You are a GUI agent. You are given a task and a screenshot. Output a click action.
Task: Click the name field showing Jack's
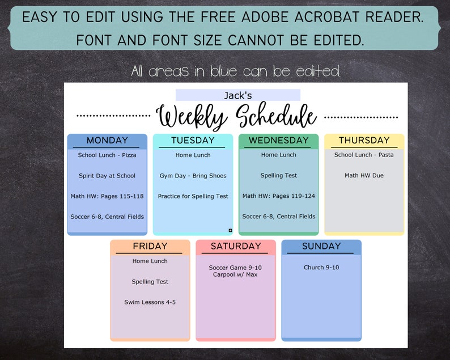[x=237, y=95]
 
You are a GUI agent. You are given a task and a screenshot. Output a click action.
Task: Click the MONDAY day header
[x=107, y=141]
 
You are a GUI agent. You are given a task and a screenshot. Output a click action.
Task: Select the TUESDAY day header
[x=193, y=141]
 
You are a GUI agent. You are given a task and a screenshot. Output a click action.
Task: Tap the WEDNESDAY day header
[x=278, y=141]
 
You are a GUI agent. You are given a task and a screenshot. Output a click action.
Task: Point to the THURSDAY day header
[x=364, y=141]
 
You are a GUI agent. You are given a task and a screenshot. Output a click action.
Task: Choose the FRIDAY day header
[x=150, y=247]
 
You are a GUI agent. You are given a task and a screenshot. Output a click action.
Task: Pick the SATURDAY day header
[x=236, y=247]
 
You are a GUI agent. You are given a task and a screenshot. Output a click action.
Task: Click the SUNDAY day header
[x=321, y=247]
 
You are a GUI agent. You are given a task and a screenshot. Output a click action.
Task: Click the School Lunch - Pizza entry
[x=107, y=155]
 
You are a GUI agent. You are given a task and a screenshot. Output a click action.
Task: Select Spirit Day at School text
[x=107, y=176]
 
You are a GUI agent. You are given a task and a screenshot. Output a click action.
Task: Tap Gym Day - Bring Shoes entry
[x=193, y=176]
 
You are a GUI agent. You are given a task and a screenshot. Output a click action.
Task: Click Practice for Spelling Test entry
[x=193, y=196]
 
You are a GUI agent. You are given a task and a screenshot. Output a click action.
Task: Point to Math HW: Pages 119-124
[x=278, y=196]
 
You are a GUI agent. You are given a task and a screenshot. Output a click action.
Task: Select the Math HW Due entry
[x=364, y=176]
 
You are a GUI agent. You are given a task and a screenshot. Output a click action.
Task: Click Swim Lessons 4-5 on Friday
[x=150, y=302]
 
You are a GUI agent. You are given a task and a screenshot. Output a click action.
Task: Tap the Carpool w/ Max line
[x=235, y=275]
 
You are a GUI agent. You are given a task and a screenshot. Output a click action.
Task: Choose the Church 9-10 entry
[x=321, y=268]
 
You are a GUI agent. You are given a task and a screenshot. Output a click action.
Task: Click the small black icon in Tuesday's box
[x=230, y=230]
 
